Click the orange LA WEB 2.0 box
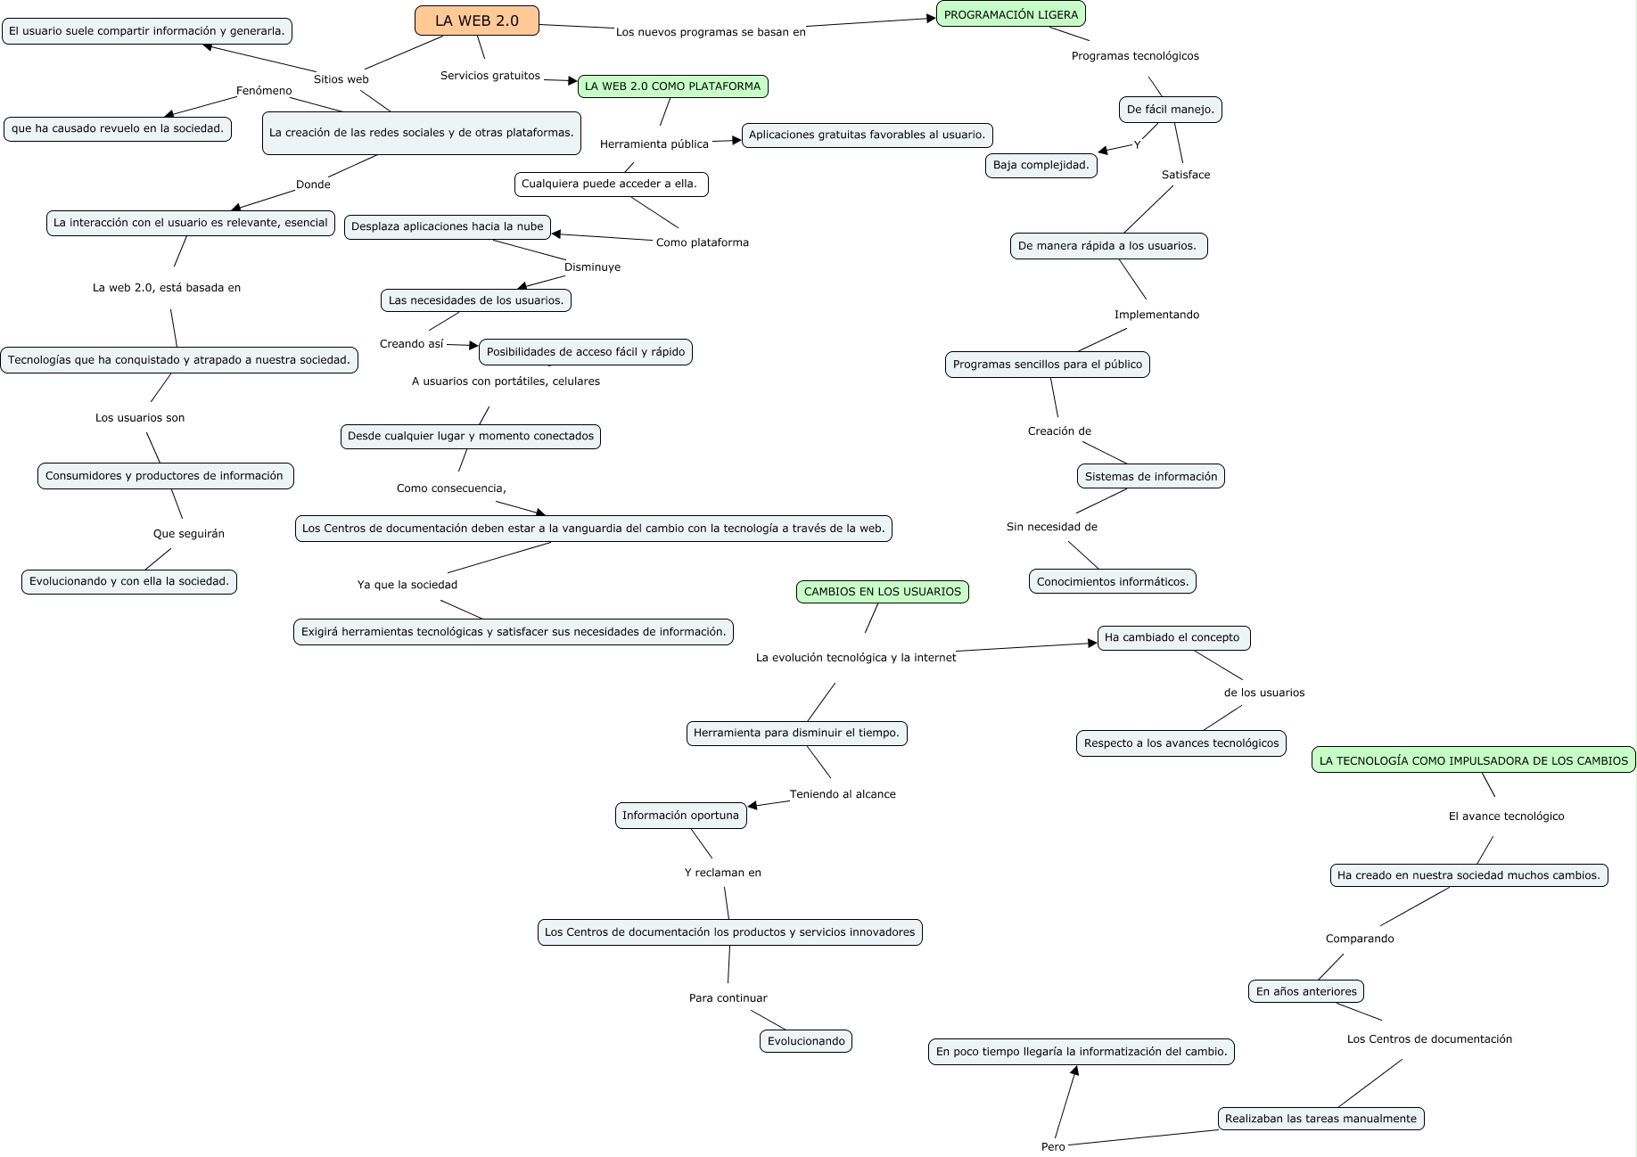477,21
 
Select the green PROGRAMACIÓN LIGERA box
1011,14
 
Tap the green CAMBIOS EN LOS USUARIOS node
883,592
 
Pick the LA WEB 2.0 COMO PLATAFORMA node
673,86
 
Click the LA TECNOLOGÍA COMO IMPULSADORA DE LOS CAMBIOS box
1474,760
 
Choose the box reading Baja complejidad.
1041,165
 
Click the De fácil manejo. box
1171,110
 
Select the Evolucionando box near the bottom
806,1041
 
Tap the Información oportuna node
681,816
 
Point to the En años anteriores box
1306,991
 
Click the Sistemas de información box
1151,477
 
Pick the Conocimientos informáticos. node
1113,582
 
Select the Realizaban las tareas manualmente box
1320,1119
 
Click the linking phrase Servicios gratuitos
490,76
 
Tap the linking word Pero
1053,1146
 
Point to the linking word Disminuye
592,267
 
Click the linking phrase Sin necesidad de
1052,527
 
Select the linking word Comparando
1360,939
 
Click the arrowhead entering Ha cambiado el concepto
1091,643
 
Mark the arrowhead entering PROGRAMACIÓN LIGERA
930,19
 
